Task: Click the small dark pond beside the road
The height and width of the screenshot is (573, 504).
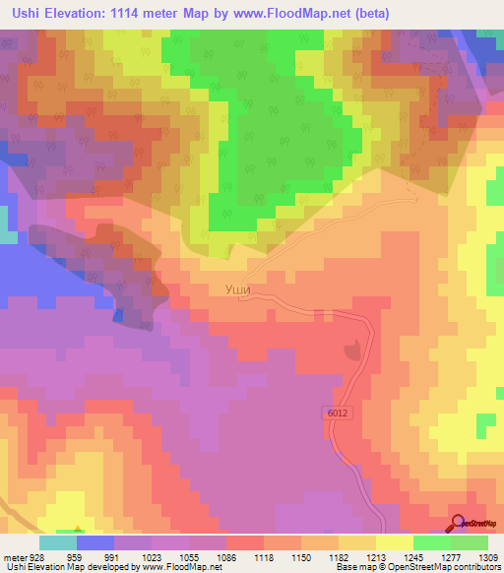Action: (x=352, y=349)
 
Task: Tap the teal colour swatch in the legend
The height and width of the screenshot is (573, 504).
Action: (x=58, y=541)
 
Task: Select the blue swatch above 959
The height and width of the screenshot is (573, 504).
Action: (x=95, y=541)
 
